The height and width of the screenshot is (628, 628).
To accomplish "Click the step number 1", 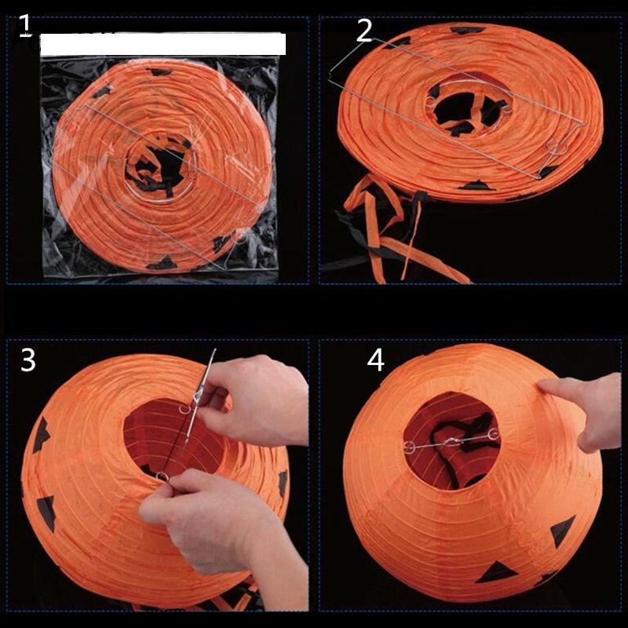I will [24, 25].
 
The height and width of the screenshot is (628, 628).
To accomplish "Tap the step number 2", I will [363, 30].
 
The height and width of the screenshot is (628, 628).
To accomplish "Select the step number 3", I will [27, 360].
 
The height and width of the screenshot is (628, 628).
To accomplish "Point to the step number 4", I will [376, 360].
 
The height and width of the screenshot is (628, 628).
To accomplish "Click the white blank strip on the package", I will [162, 44].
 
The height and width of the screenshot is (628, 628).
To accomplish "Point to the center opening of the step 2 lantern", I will [463, 110].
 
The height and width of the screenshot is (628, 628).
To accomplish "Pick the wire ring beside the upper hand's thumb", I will [187, 408].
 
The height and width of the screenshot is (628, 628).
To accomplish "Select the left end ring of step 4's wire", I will [408, 447].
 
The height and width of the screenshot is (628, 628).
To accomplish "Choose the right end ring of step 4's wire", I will [493, 434].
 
